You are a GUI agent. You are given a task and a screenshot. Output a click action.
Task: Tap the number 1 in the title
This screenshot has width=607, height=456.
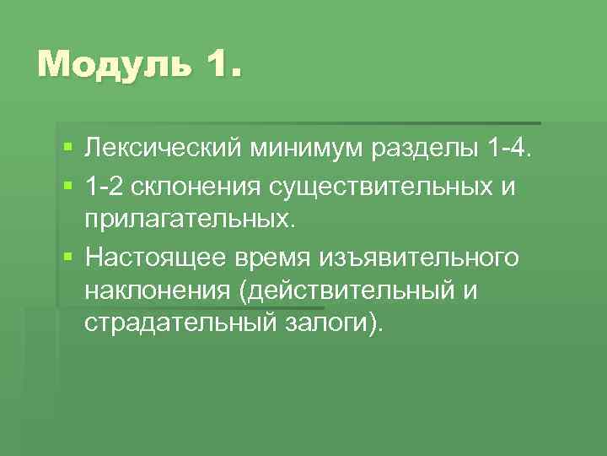[220, 63]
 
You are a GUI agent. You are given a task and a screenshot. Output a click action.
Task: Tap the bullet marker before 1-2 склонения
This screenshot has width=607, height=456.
[67, 185]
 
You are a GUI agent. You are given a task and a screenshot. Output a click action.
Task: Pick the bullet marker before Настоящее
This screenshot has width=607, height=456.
[67, 255]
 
